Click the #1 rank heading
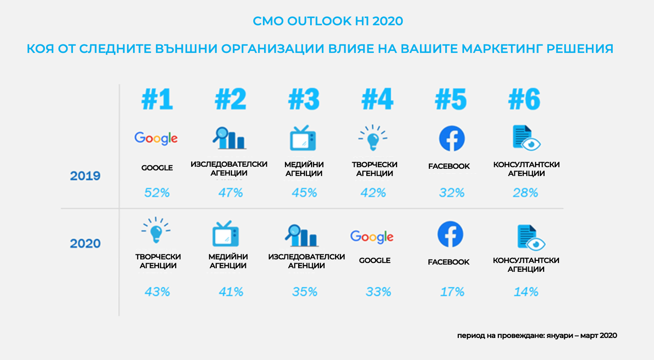point(157,99)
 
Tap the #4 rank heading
point(377,99)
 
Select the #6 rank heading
point(524,99)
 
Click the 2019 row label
point(85,176)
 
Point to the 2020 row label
point(85,243)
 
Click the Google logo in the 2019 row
point(156,138)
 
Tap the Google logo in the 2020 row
point(372,237)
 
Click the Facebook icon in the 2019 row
point(452,139)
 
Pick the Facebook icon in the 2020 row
point(450,234)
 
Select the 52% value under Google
point(157,193)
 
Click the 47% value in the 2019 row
point(230,193)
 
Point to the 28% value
point(525,193)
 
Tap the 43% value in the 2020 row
point(157,292)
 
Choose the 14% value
point(526,292)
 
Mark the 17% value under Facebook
point(452,292)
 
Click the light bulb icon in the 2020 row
point(156,230)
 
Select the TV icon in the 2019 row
point(303,138)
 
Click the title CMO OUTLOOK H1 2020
point(327,21)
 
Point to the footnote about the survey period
point(537,336)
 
